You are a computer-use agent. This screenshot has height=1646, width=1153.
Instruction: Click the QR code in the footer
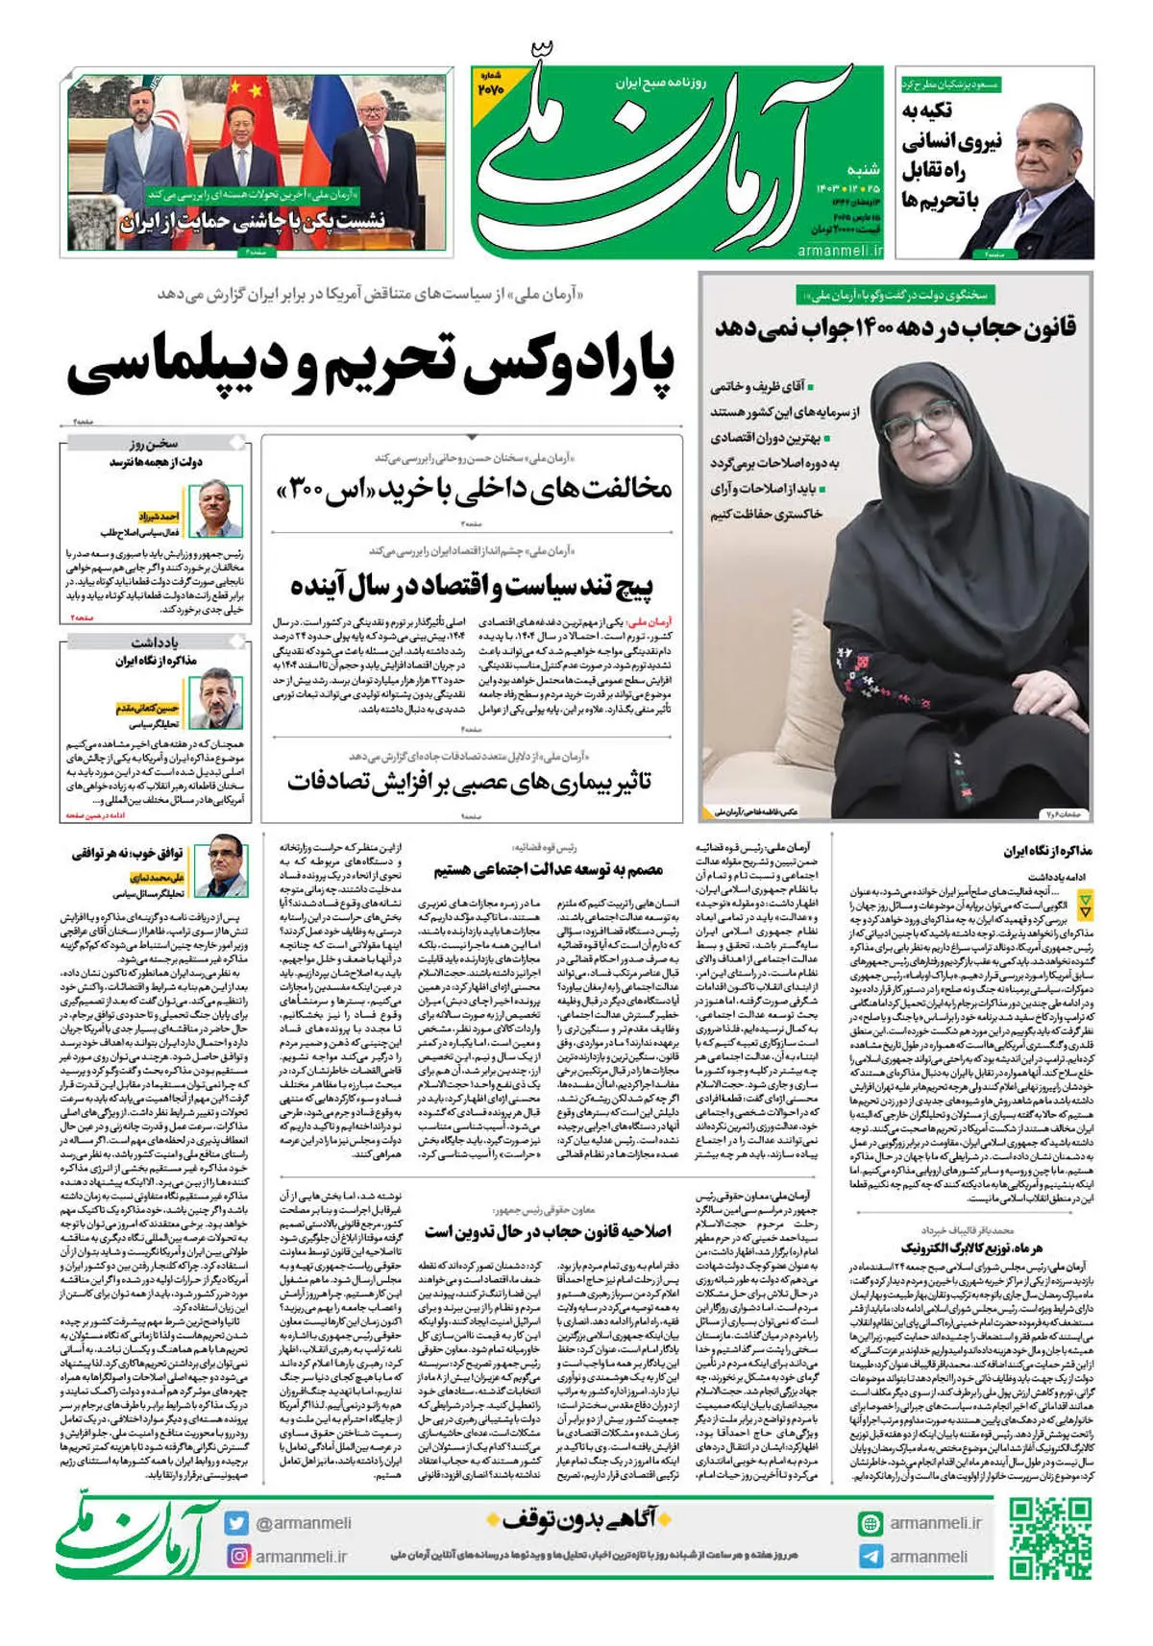tap(1050, 1539)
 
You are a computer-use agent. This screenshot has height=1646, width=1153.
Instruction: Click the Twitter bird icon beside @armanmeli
tap(237, 1523)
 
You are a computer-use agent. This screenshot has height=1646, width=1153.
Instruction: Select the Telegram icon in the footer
tap(871, 1556)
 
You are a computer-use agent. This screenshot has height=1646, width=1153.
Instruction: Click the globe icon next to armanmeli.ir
tap(871, 1523)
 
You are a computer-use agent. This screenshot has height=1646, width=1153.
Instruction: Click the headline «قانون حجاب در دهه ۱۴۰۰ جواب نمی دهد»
tap(895, 328)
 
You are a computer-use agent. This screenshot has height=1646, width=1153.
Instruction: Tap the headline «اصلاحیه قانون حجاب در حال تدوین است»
tap(548, 1231)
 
